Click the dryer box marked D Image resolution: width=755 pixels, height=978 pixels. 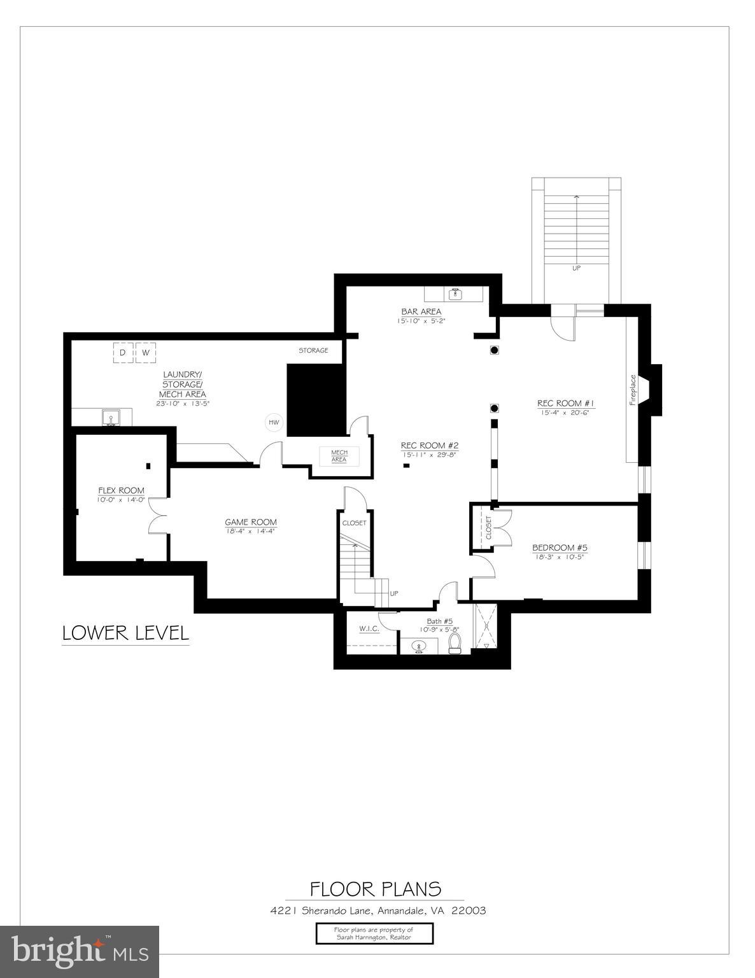123,352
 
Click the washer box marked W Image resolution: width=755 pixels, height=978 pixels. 146,352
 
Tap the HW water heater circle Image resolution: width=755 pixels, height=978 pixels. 274,422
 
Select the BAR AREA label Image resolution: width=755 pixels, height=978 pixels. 421,311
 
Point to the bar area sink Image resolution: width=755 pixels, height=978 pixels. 455,294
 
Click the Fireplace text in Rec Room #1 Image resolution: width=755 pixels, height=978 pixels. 633,389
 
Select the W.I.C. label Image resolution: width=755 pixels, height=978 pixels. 369,628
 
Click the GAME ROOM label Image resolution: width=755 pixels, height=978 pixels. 251,522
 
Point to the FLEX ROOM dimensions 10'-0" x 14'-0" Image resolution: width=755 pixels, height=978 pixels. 121,500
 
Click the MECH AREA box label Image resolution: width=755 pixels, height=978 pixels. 339,456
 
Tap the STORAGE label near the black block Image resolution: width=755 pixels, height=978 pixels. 313,350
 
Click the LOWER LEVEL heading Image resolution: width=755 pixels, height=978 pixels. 125,633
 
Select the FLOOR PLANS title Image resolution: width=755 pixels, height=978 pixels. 375,888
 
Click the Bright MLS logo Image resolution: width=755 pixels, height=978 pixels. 80,951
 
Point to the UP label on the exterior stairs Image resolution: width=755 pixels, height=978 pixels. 576,268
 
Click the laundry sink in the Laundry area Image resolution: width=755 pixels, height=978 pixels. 112,418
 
